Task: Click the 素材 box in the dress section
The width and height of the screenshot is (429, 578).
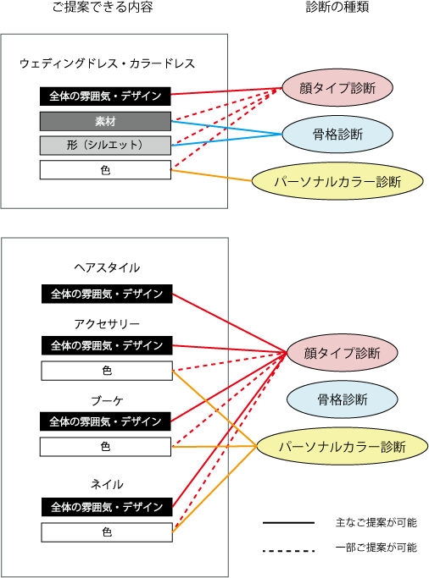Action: click(x=105, y=121)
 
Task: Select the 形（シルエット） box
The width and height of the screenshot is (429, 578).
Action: click(x=105, y=146)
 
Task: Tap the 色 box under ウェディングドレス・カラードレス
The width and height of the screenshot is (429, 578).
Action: click(x=105, y=170)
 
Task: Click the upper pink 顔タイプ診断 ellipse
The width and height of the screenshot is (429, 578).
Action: click(x=337, y=88)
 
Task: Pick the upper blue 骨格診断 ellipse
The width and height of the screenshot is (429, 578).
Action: click(x=337, y=135)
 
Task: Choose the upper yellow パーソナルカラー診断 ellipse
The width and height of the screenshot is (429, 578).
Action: click(x=337, y=181)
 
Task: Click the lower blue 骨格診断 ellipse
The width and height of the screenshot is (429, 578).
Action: click(x=343, y=399)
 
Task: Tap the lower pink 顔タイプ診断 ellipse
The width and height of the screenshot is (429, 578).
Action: click(x=343, y=353)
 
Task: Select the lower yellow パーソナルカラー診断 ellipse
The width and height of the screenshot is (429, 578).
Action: click(x=343, y=446)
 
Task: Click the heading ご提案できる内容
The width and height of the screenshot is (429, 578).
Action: click(x=103, y=7)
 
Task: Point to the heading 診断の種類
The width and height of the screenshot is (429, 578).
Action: click(x=337, y=7)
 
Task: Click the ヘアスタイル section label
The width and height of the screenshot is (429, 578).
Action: click(x=107, y=267)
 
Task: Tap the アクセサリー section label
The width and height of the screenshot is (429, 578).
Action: click(x=107, y=323)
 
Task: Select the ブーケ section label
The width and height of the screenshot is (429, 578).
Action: click(x=107, y=400)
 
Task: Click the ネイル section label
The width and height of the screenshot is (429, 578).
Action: click(x=107, y=484)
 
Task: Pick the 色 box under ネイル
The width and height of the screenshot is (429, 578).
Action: click(x=107, y=532)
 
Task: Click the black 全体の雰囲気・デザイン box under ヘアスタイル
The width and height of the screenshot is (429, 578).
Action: click(x=107, y=294)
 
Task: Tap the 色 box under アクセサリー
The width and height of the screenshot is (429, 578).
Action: click(x=107, y=371)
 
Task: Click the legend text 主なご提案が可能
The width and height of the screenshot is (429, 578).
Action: click(x=376, y=522)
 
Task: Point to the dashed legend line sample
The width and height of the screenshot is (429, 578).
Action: click(x=289, y=551)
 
